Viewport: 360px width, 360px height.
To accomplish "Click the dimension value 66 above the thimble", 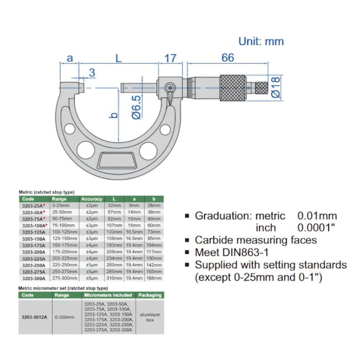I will point(228,58).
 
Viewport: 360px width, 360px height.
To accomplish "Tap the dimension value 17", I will point(170,58).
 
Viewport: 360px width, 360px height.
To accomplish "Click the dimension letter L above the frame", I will point(119,58).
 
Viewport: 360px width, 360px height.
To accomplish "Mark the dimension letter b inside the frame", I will point(113,115).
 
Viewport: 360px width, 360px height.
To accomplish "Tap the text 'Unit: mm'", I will point(261,41).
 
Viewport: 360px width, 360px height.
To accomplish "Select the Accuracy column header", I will point(91,199).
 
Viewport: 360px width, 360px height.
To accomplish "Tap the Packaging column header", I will point(151,295).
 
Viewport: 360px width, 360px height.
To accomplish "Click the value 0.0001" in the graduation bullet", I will point(317,228).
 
